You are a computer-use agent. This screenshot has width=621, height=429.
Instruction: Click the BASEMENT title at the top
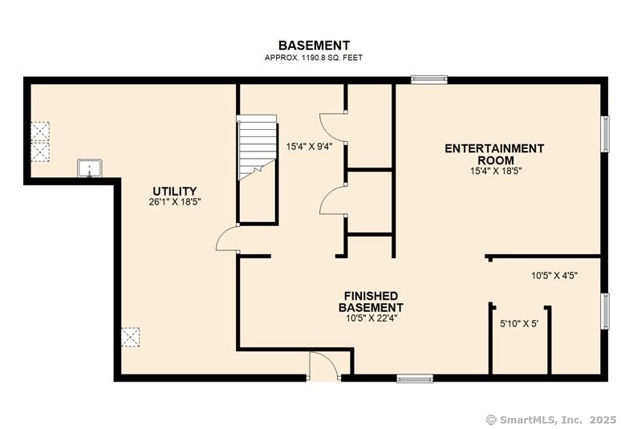click(314, 46)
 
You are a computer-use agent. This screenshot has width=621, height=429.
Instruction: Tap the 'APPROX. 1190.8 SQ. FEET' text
click(314, 58)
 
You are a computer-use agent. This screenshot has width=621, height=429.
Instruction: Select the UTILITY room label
click(175, 192)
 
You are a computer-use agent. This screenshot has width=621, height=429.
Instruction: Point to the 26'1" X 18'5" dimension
click(175, 202)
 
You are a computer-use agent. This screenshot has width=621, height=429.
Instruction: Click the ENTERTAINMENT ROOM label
click(494, 154)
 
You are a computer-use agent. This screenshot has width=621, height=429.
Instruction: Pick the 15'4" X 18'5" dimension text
click(496, 171)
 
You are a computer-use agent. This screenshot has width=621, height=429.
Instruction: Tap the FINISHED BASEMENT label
click(371, 302)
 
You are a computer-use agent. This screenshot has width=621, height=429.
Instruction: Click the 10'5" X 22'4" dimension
click(371, 318)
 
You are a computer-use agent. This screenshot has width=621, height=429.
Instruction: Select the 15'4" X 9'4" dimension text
click(309, 147)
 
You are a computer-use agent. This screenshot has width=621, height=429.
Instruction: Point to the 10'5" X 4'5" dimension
click(554, 276)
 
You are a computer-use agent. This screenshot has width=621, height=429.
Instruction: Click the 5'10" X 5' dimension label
click(519, 324)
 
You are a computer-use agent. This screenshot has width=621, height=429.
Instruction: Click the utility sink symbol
click(90, 168)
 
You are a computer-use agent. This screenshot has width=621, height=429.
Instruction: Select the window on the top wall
click(429, 80)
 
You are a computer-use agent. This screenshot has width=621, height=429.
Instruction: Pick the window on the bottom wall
click(415, 378)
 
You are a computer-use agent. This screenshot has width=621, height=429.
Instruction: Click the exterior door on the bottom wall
click(324, 366)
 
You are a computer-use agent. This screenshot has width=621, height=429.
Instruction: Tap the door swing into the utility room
click(227, 237)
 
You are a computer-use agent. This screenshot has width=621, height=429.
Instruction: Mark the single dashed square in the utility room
click(130, 337)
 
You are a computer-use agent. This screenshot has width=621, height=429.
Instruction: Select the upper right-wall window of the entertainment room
click(605, 134)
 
